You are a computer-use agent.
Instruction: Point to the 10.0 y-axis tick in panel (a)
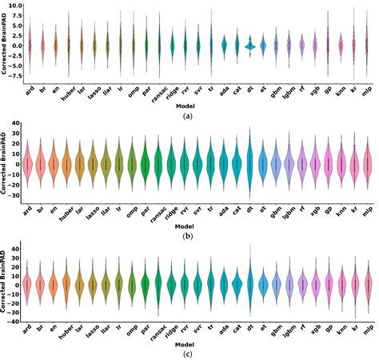(x=15, y=6)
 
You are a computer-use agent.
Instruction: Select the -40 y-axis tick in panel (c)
(x=16, y=321)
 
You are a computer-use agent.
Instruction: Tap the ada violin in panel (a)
(x=224, y=45)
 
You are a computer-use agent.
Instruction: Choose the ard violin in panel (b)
(x=29, y=165)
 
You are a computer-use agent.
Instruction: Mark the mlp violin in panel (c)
(x=367, y=284)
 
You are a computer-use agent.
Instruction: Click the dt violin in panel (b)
(x=250, y=164)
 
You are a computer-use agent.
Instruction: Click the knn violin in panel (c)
(x=341, y=284)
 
